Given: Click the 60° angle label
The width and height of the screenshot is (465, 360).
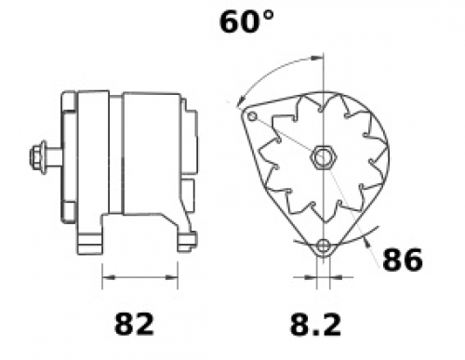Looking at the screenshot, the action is (x=246, y=21).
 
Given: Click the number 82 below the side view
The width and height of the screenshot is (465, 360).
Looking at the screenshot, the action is (x=134, y=324).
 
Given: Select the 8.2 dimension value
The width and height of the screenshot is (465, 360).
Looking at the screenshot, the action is (x=315, y=325).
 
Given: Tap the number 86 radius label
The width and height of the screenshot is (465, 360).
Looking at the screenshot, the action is (x=403, y=260).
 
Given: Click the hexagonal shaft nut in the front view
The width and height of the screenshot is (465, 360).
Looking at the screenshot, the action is (x=324, y=157).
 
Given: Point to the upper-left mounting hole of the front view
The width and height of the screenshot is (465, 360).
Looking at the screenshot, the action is (x=253, y=116).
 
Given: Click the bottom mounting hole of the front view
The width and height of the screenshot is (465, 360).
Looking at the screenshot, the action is (x=324, y=246).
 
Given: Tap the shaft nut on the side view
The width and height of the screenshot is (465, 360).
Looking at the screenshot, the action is (x=37, y=157).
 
